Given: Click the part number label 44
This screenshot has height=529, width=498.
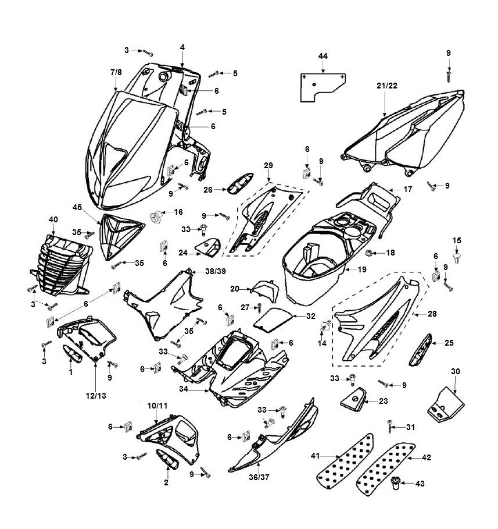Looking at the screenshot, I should (323, 55).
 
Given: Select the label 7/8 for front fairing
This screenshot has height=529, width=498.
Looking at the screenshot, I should (116, 72).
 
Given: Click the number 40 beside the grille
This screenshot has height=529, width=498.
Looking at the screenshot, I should (53, 219).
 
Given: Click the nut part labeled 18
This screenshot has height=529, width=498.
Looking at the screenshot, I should (384, 253).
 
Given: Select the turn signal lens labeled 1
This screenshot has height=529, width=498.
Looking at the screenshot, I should (73, 353).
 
